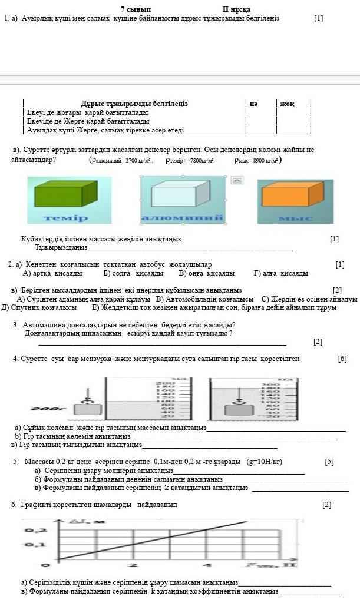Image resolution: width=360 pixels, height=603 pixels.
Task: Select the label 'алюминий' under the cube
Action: [182, 218]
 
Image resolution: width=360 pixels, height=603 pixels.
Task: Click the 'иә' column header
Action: [253, 104]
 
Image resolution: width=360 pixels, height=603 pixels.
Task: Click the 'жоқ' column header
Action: [287, 104]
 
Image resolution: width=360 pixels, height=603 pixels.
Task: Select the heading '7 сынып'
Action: [136, 9]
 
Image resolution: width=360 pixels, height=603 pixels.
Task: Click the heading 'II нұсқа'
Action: [236, 9]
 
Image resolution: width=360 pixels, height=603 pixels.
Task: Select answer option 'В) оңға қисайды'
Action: [206, 273]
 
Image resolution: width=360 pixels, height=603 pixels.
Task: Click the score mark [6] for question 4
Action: [342, 359]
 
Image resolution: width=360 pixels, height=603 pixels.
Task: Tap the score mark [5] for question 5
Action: [329, 462]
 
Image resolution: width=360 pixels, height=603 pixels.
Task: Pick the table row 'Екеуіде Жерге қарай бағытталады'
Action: [88, 121]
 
